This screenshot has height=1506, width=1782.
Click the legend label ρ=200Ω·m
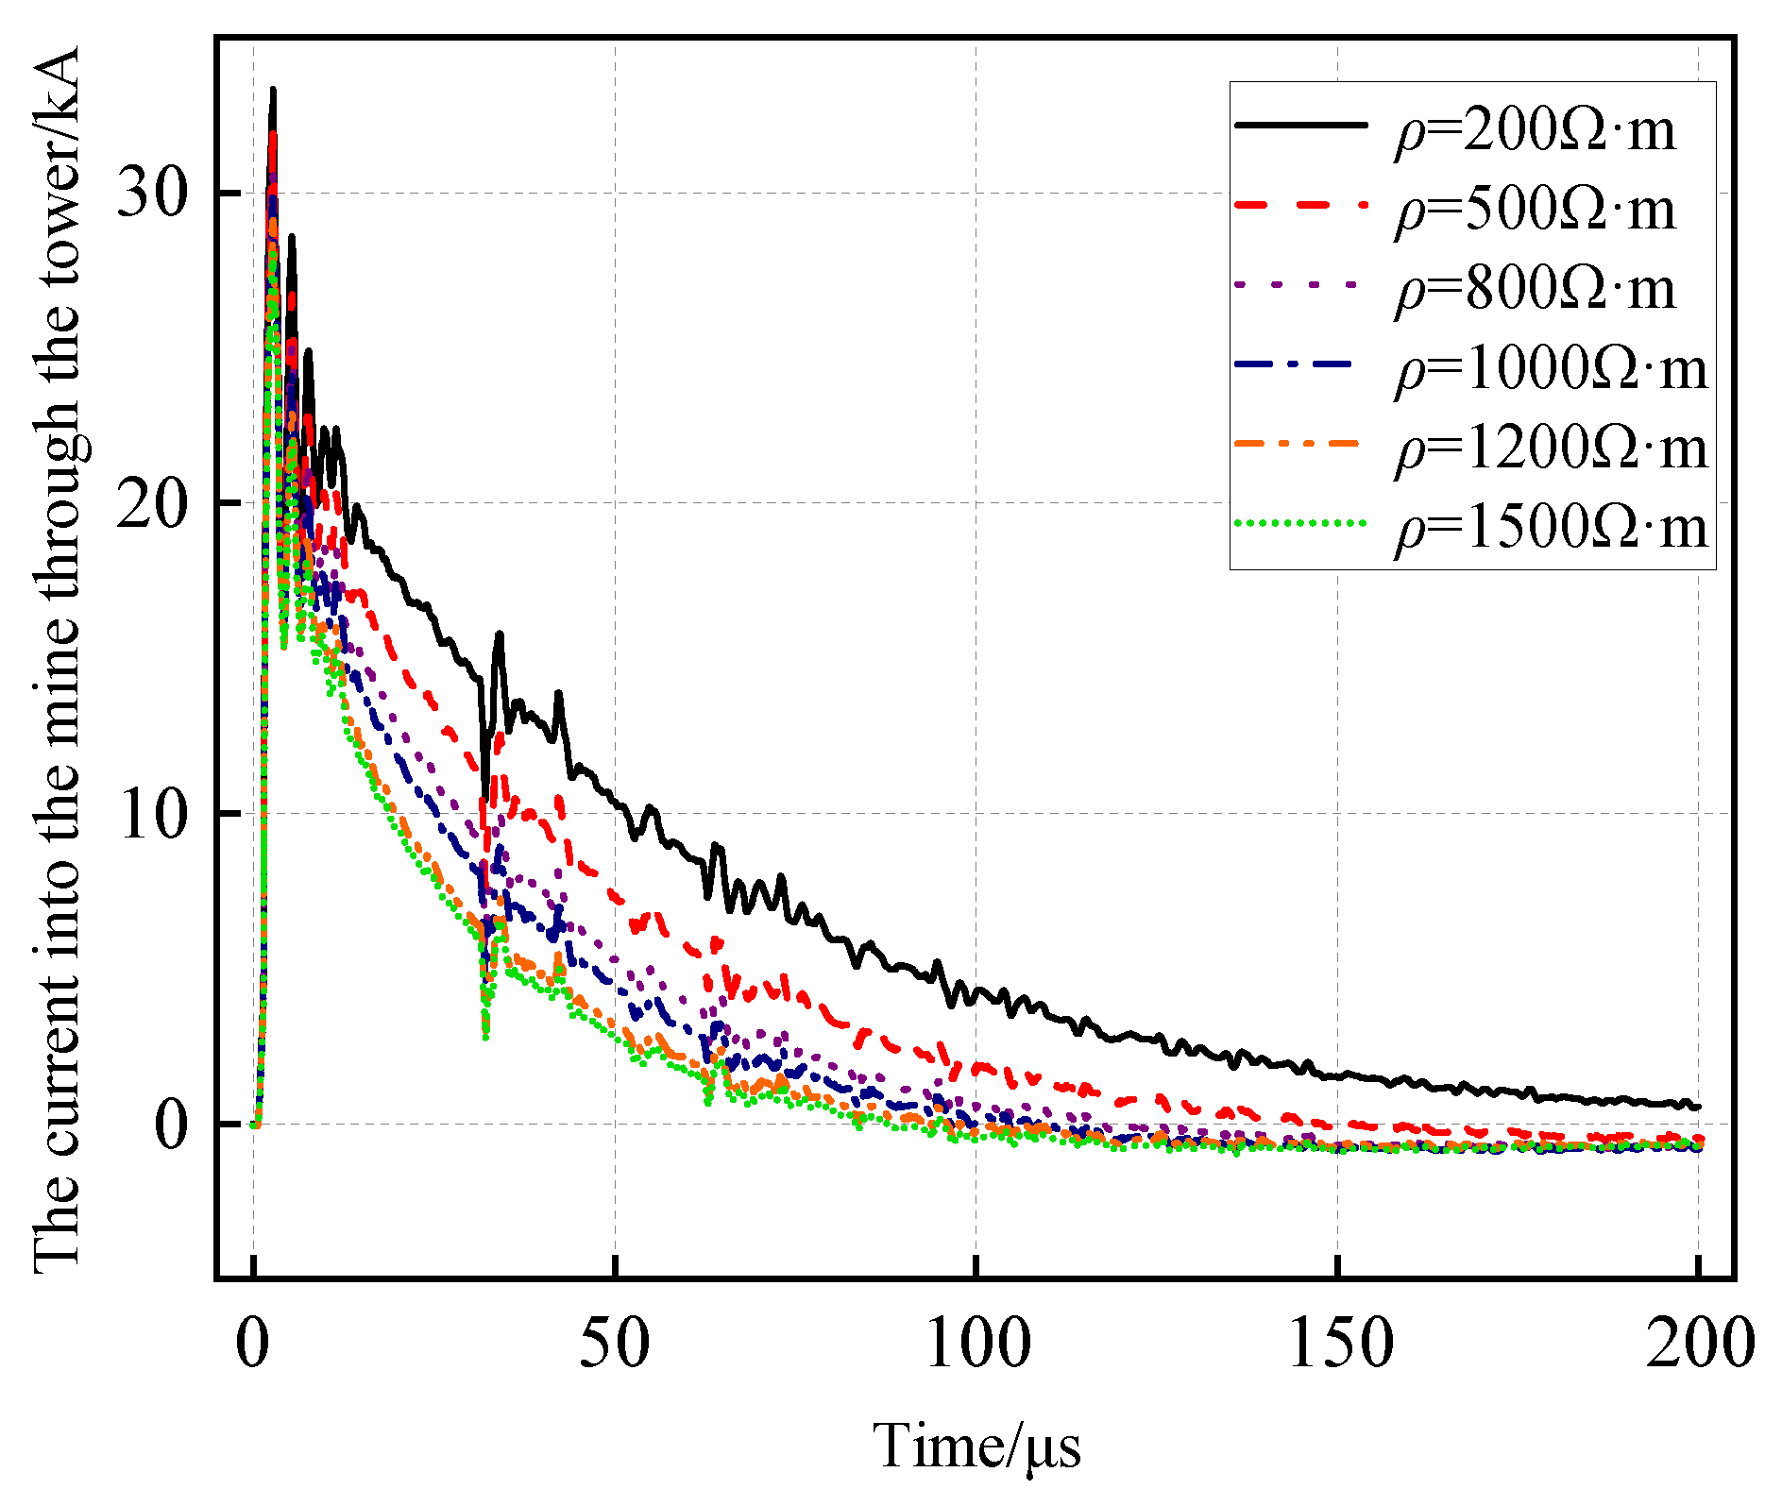click(x=1535, y=129)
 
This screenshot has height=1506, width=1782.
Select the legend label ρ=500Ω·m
click(x=1535, y=210)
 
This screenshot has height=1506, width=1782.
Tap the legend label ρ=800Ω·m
click(x=1535, y=289)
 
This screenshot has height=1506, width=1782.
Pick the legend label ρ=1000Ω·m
click(x=1551, y=368)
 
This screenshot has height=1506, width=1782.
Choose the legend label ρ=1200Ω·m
click(x=1551, y=448)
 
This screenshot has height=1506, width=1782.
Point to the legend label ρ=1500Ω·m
click(x=1551, y=527)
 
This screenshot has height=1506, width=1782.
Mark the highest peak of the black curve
click(x=273, y=90)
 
